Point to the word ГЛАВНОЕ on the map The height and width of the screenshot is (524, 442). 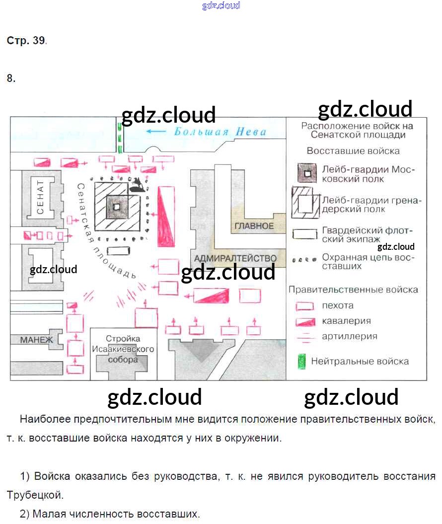pyautogui.click(x=254, y=226)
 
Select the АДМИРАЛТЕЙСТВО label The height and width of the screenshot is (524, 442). pyautogui.click(x=235, y=258)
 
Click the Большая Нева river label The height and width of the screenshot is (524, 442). pyautogui.click(x=220, y=132)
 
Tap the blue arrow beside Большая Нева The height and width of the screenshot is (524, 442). pyautogui.click(x=156, y=132)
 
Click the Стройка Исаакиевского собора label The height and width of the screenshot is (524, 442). pyautogui.click(x=123, y=349)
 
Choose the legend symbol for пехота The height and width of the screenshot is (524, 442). pyautogui.click(x=304, y=306)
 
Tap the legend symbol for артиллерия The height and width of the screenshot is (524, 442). pyautogui.click(x=304, y=337)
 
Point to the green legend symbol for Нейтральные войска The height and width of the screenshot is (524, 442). pyautogui.click(x=301, y=362)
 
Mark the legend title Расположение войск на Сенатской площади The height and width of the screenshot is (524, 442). pyautogui.click(x=357, y=130)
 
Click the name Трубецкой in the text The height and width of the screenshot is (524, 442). pyautogui.click(x=35, y=495)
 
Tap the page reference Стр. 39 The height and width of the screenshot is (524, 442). pyautogui.click(x=27, y=41)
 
